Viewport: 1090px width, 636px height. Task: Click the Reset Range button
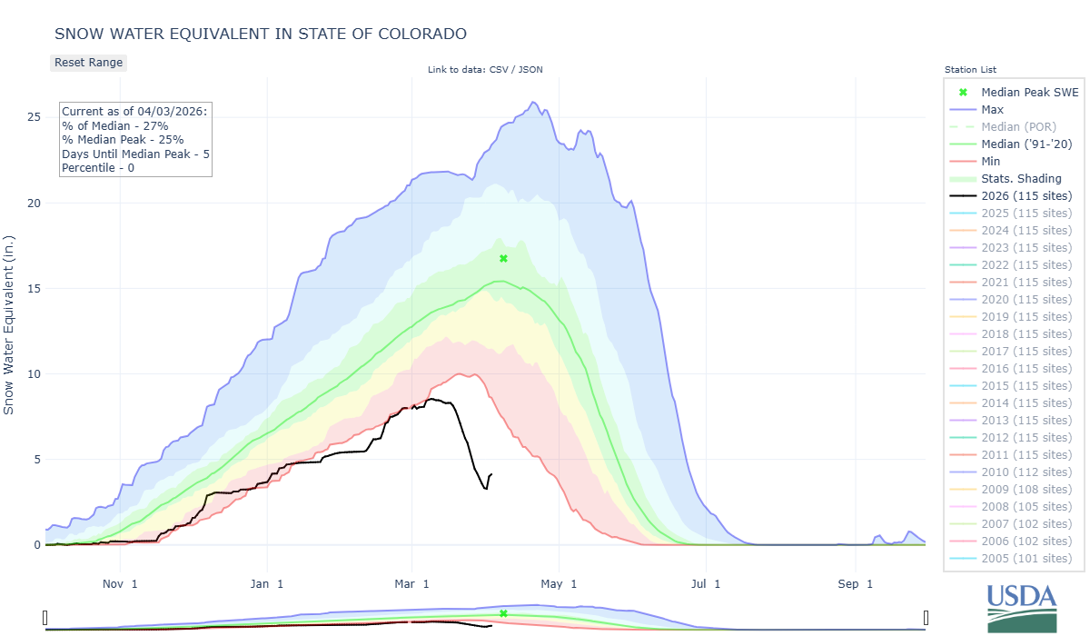88,63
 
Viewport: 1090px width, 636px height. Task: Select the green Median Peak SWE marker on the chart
503,259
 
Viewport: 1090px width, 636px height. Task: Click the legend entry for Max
994,110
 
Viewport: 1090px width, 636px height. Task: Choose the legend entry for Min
992,162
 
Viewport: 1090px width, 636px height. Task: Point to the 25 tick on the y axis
34,117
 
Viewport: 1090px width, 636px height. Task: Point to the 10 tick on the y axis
34,374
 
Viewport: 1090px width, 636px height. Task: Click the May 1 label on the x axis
560,584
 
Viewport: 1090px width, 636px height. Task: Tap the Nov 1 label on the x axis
120,584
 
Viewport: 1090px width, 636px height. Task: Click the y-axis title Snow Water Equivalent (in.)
9,323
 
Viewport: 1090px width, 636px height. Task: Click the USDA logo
1022,606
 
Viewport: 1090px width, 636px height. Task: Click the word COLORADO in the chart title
421,34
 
